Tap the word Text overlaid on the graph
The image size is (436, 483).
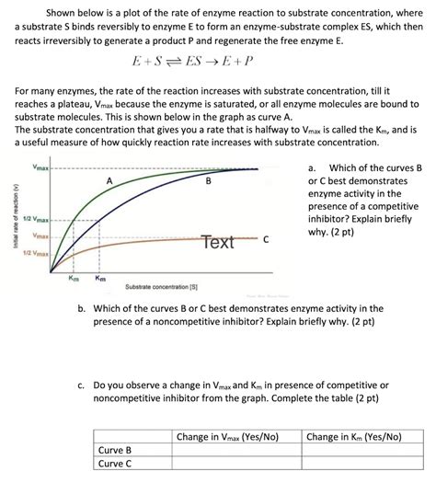[x=218, y=242]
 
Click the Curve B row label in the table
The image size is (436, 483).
[x=116, y=450]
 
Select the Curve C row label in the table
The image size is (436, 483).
[x=116, y=464]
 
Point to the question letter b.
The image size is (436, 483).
[x=86, y=309]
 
